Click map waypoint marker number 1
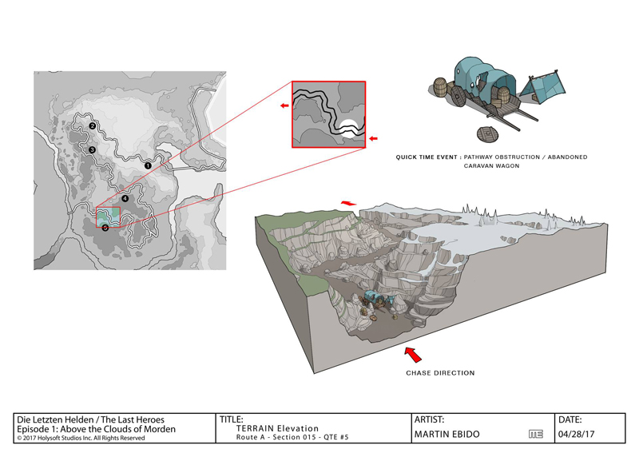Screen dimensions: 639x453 tap(148, 165)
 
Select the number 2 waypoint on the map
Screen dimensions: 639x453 tap(93, 126)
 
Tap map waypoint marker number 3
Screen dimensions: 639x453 tap(92, 150)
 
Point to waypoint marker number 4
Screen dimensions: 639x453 tap(125, 199)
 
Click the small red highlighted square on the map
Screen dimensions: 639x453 tap(108, 217)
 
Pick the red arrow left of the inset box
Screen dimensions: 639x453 tap(284, 106)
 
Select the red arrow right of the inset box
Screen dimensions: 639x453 tap(373, 139)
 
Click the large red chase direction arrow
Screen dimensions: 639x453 tap(413, 354)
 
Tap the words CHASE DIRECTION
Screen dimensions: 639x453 tap(440, 372)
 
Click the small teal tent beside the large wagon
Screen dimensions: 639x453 tap(543, 87)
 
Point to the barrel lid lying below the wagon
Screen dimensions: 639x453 tap(488, 134)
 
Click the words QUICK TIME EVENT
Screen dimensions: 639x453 tap(427, 157)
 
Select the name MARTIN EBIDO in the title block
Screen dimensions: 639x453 tap(447, 435)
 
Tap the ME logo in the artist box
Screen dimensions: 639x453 tap(536, 435)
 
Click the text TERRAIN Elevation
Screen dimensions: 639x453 tap(277, 428)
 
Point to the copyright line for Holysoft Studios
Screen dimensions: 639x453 tap(81, 438)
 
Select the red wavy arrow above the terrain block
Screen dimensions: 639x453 tap(348, 203)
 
